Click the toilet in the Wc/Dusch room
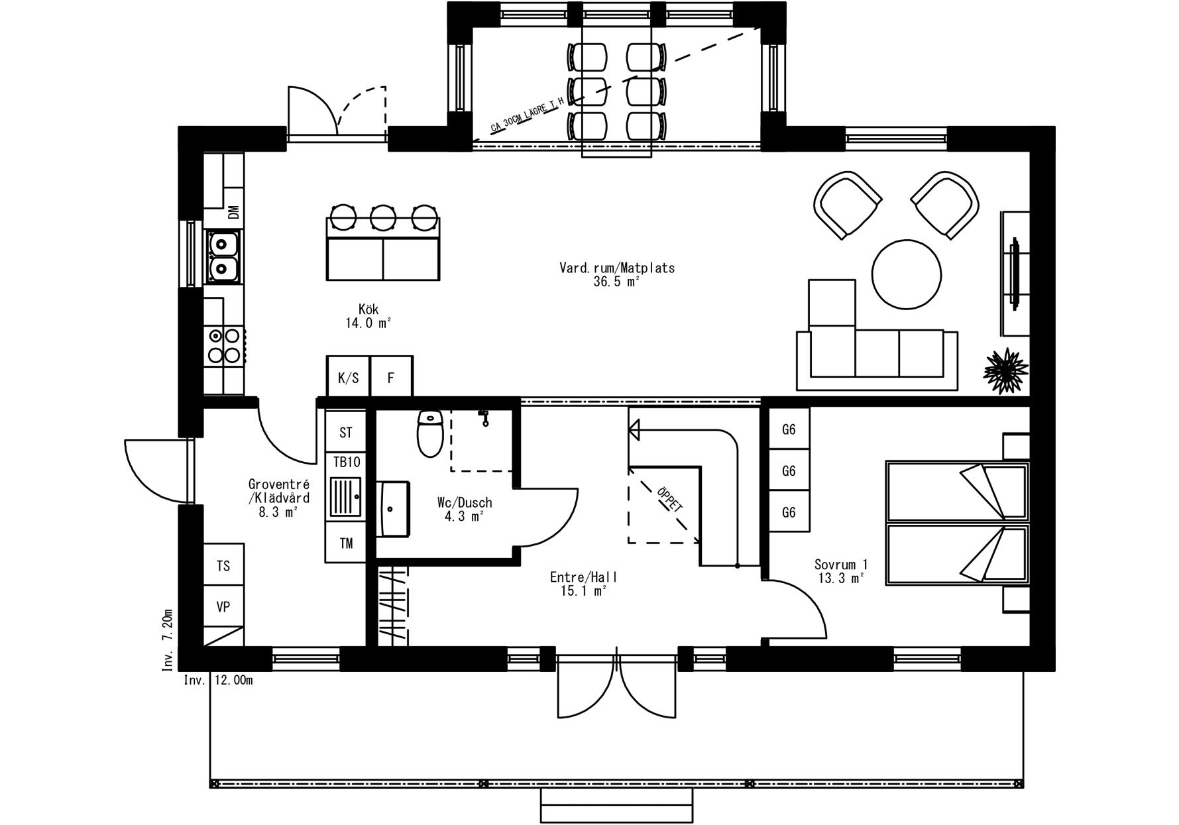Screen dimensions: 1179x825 click(x=430, y=433)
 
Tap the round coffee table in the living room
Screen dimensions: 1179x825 click(x=907, y=274)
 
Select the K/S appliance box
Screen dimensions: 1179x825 click(x=348, y=377)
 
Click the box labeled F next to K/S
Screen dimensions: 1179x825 click(x=391, y=377)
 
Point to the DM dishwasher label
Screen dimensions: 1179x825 click(x=233, y=213)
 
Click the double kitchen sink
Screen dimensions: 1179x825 click(x=223, y=256)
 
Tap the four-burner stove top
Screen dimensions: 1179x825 click(x=224, y=345)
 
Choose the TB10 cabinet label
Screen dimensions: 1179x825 click(x=346, y=462)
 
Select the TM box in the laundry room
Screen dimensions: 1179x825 click(x=346, y=543)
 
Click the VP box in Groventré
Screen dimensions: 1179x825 click(x=223, y=606)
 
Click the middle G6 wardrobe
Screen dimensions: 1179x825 click(x=789, y=470)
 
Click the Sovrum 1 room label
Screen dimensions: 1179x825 click(x=841, y=565)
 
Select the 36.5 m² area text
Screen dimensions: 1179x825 click(x=616, y=282)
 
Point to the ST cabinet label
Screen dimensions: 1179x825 click(x=346, y=433)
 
